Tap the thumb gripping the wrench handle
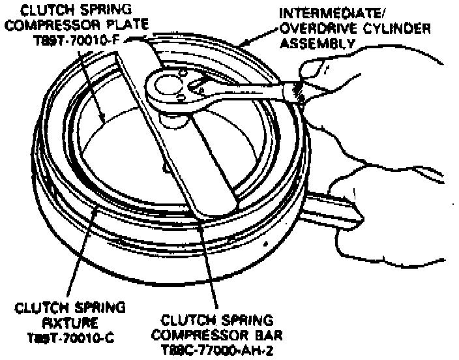[318, 72]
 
